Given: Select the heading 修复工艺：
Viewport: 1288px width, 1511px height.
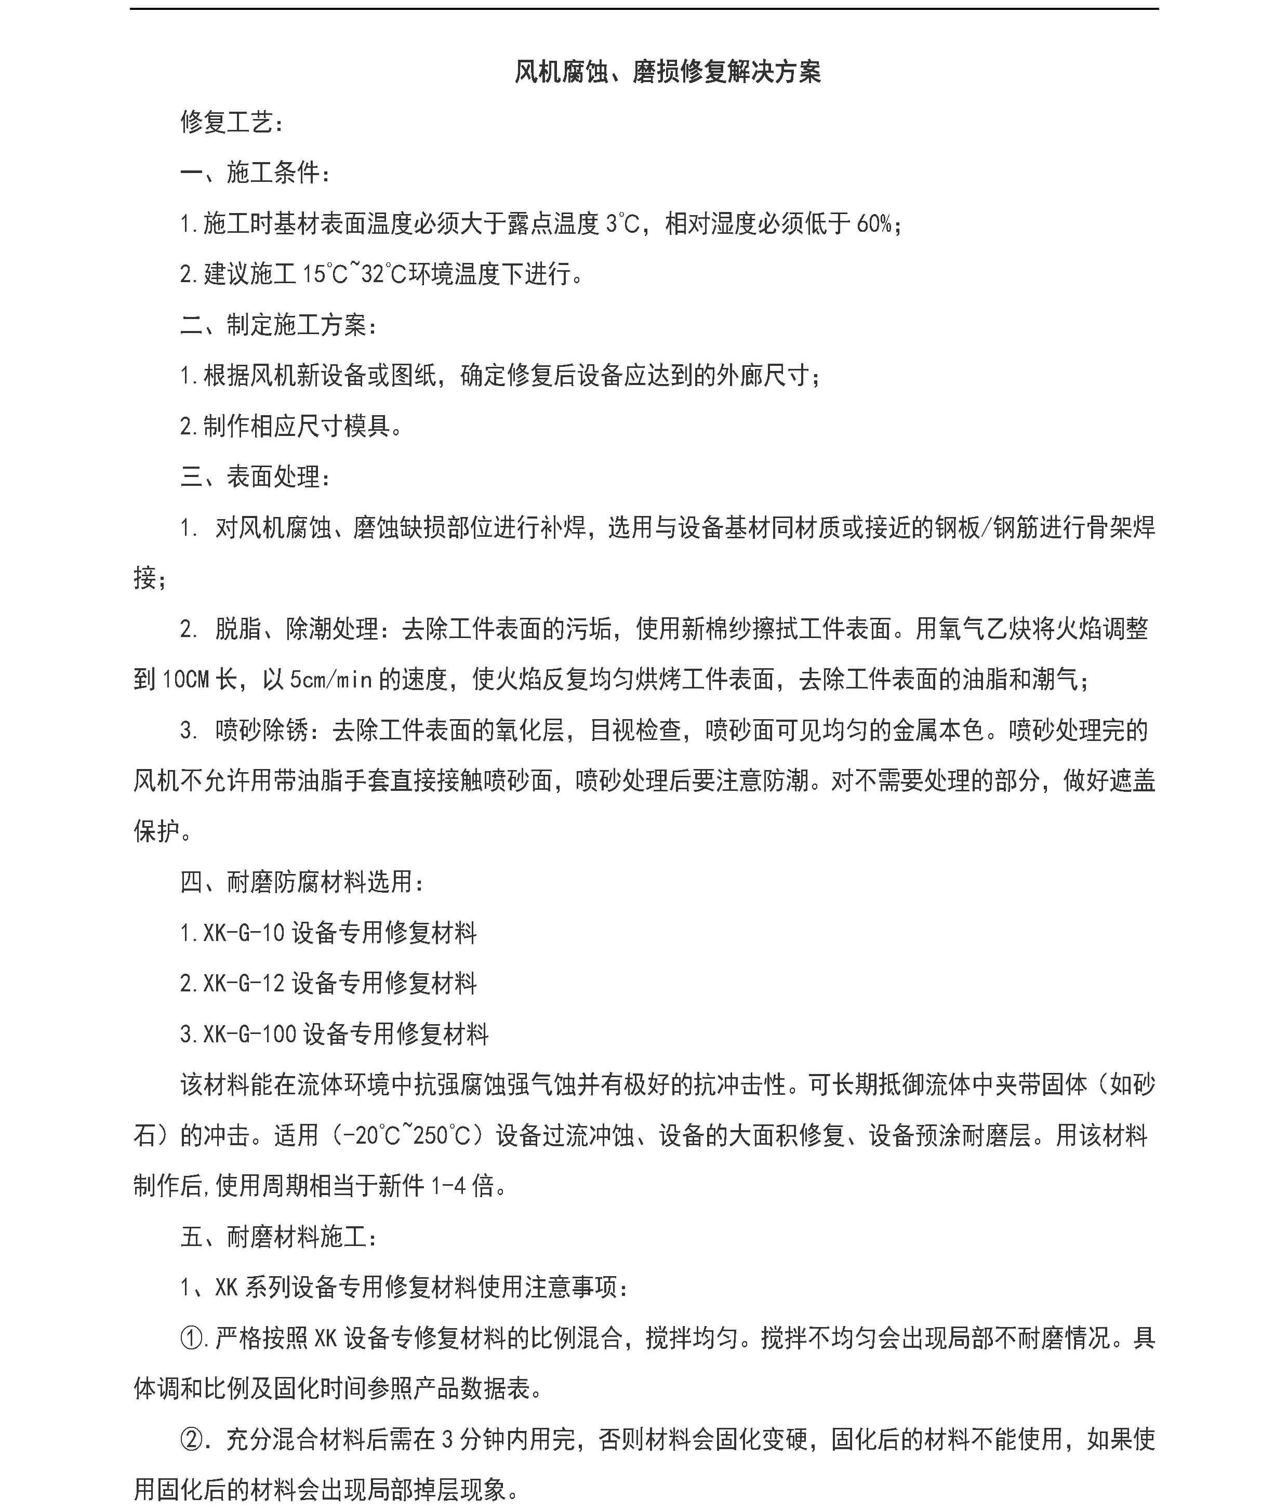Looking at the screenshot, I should click(232, 123).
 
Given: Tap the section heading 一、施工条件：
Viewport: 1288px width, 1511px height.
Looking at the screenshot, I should click(256, 173).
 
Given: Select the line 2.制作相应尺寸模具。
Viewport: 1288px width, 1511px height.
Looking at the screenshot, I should click(291, 427).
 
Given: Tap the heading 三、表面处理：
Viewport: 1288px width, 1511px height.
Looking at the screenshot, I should click(256, 477).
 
